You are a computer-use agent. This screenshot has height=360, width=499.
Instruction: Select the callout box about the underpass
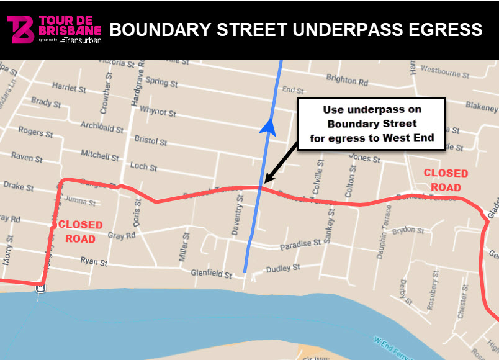click(372, 124)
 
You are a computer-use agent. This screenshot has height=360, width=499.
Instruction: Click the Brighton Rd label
click(347, 80)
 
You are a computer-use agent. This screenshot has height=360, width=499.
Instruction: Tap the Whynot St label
click(158, 112)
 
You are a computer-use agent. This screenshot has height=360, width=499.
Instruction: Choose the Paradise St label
click(299, 245)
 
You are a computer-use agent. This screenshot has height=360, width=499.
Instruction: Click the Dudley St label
click(282, 268)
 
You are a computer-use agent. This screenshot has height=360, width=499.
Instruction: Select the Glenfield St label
click(211, 274)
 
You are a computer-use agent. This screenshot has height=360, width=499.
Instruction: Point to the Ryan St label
click(94, 261)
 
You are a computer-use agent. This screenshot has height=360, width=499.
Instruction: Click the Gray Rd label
click(121, 236)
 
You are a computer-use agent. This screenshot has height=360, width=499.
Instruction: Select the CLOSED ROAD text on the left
click(80, 232)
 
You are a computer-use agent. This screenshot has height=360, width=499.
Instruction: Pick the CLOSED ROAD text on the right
click(446, 180)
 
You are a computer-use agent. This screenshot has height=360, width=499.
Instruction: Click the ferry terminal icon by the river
click(40, 287)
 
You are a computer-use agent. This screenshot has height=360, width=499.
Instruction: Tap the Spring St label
click(161, 82)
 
